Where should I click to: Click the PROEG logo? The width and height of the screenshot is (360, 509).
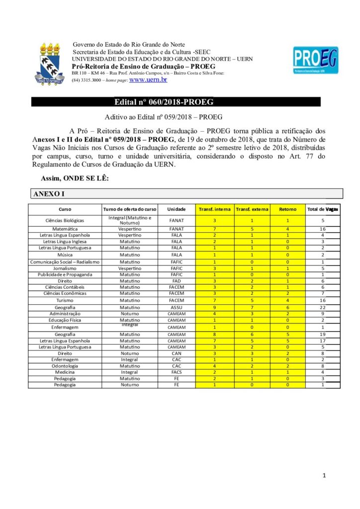315,63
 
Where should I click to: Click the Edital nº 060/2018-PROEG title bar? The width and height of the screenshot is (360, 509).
164,102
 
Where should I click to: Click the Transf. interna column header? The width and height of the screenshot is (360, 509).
214,209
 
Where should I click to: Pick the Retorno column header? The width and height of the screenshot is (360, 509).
287,209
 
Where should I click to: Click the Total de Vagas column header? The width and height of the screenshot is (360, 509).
323,209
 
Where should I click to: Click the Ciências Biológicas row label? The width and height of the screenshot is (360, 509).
65,220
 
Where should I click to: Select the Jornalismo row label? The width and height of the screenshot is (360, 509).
65,268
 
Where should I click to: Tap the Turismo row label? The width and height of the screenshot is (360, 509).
65,300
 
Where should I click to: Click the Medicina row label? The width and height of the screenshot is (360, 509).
65,372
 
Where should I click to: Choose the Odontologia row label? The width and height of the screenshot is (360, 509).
65,365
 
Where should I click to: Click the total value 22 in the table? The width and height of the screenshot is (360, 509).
323,307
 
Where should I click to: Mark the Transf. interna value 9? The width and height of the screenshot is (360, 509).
214,307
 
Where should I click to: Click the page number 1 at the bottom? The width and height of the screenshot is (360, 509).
324,476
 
